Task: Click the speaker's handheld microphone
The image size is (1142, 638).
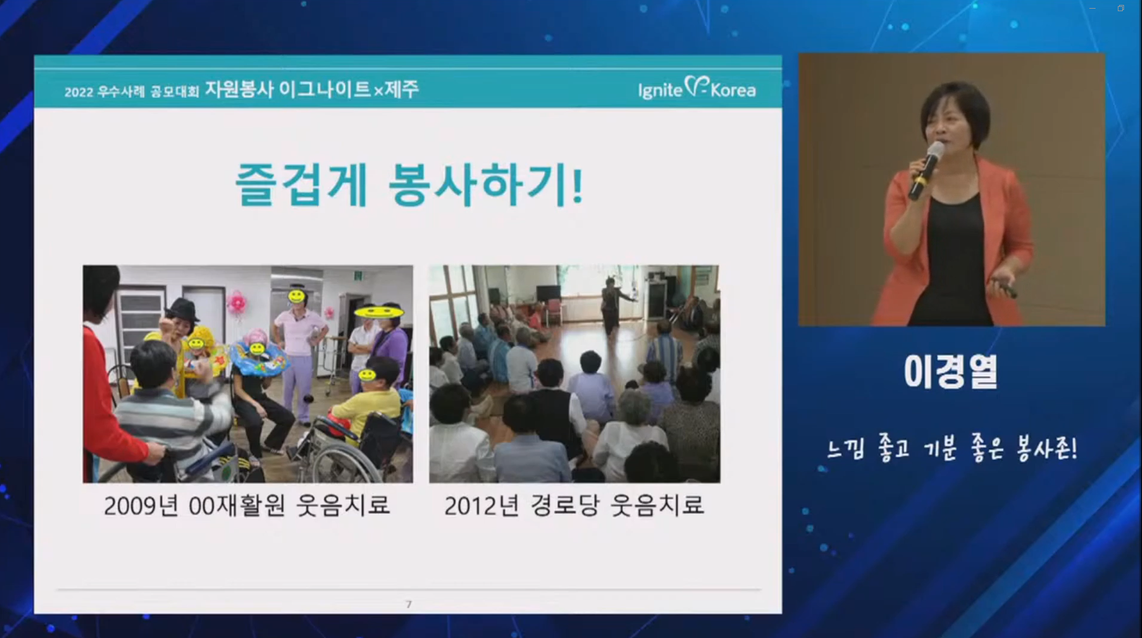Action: click(x=926, y=169)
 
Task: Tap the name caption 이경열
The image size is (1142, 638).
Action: click(x=951, y=372)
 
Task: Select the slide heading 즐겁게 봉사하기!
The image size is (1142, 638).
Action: click(x=410, y=185)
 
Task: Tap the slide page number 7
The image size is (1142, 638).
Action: click(x=408, y=604)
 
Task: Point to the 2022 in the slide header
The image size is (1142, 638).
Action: click(x=79, y=92)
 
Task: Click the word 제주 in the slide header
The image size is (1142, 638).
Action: click(x=402, y=89)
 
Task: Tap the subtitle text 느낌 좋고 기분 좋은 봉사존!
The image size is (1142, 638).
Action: click(x=952, y=448)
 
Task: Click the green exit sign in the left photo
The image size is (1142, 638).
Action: click(x=358, y=275)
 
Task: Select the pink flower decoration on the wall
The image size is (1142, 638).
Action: click(x=235, y=302)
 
